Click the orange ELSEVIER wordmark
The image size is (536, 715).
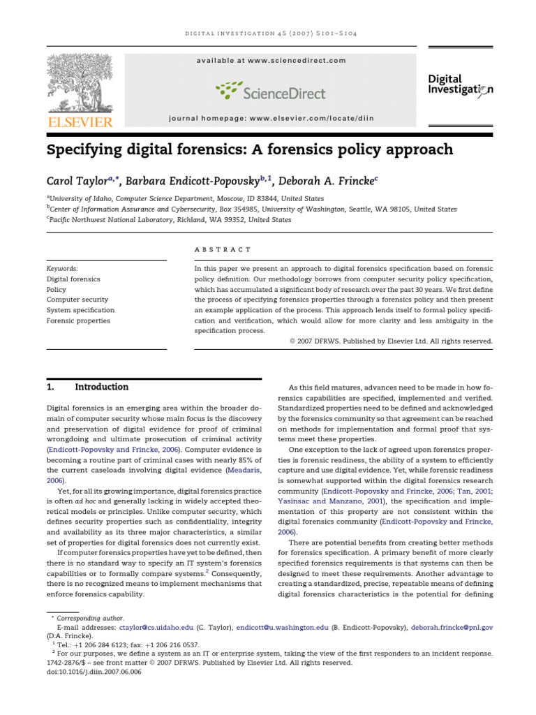point(80,123)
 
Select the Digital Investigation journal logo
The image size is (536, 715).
point(460,85)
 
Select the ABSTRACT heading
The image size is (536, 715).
point(221,249)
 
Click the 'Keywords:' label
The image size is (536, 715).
point(62,268)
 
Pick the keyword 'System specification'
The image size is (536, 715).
point(80,310)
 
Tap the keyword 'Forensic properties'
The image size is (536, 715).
point(78,320)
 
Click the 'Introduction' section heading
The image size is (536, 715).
point(101,387)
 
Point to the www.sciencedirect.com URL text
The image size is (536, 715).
point(296,61)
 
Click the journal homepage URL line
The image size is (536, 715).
point(271,119)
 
